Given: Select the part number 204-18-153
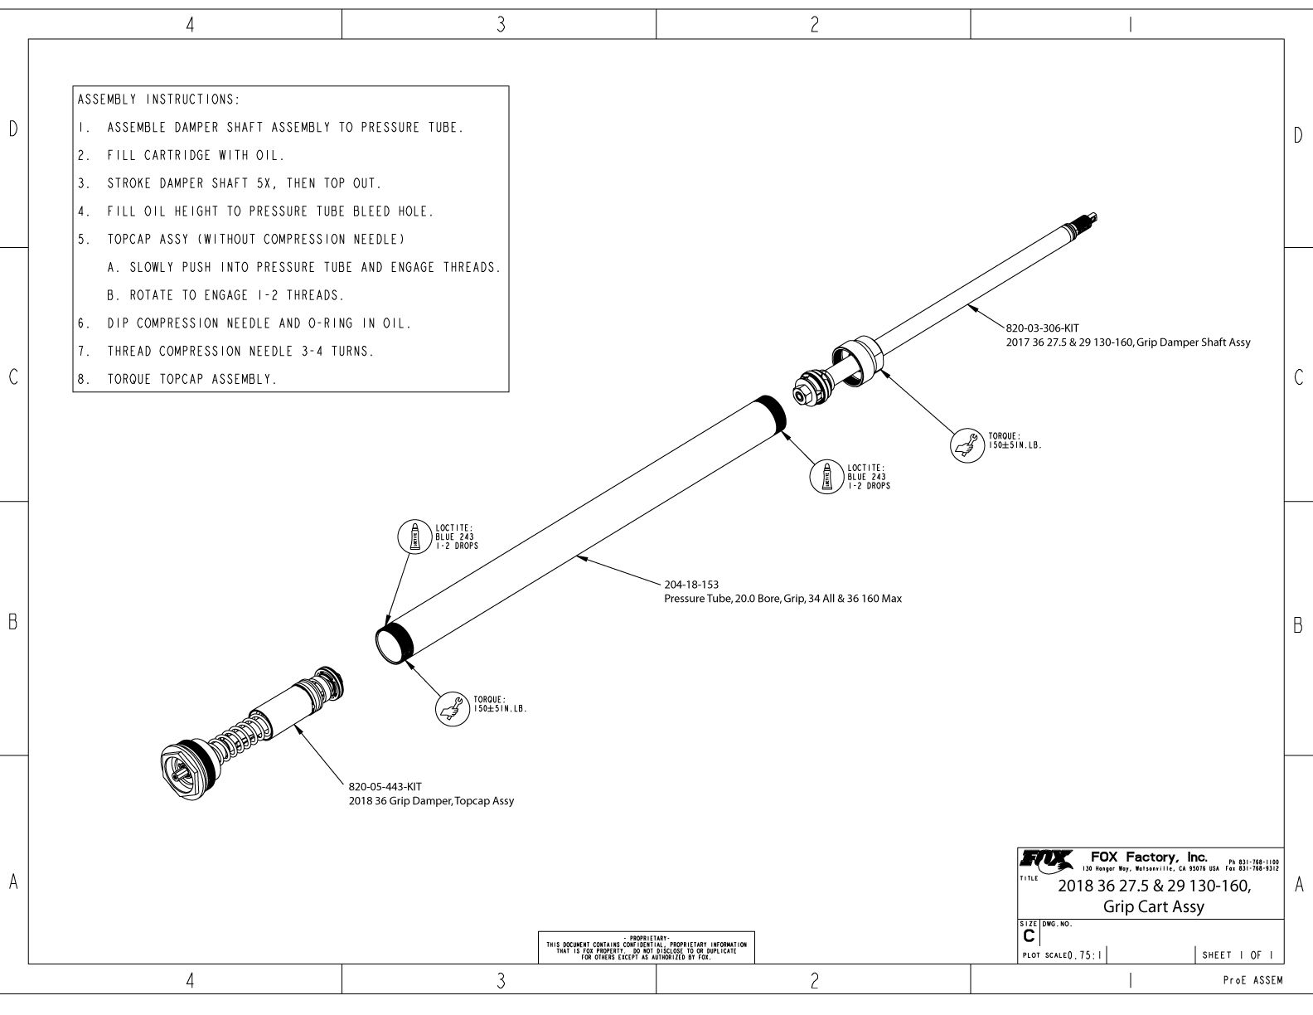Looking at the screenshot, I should (691, 584).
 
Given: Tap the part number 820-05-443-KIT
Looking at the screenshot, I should (379, 786).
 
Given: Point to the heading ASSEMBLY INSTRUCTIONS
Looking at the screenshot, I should (158, 100).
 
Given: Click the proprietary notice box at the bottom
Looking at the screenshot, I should (647, 947).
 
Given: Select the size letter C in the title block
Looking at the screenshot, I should (1029, 935).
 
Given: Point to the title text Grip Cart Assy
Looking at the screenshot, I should (1153, 906).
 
